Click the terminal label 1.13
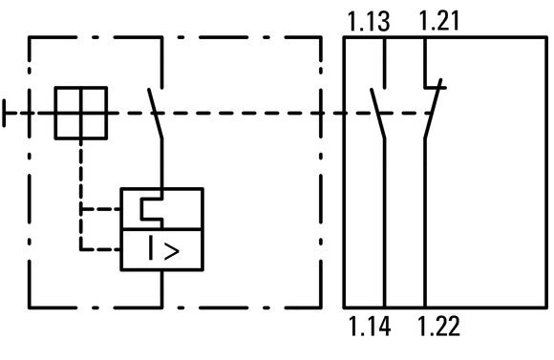pyautogui.click(x=369, y=22)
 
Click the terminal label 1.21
pyautogui.click(x=439, y=21)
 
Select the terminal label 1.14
pyautogui.click(x=370, y=326)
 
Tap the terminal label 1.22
pyautogui.click(x=439, y=326)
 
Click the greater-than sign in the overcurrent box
pyautogui.click(x=172, y=251)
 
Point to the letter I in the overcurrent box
pyautogui.click(x=151, y=247)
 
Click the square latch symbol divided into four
pyautogui.click(x=81, y=113)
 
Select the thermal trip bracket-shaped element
pyautogui.click(x=152, y=209)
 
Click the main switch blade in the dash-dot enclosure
pyautogui.click(x=156, y=113)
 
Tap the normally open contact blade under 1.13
pyautogui.click(x=377, y=113)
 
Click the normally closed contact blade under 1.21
pyautogui.click(x=433, y=109)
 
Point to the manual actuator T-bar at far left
pyautogui.click(x=4, y=113)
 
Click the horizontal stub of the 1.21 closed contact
pyautogui.click(x=436, y=87)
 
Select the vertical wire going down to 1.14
pyautogui.click(x=385, y=222)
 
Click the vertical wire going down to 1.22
pyautogui.click(x=425, y=222)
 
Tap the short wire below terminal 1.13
pyautogui.click(x=385, y=62)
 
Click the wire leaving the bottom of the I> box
pyautogui.click(x=162, y=289)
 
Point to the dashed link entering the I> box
pyautogui.click(x=100, y=249)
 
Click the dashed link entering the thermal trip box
pyautogui.click(x=100, y=209)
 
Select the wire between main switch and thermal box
pyautogui.click(x=162, y=163)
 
